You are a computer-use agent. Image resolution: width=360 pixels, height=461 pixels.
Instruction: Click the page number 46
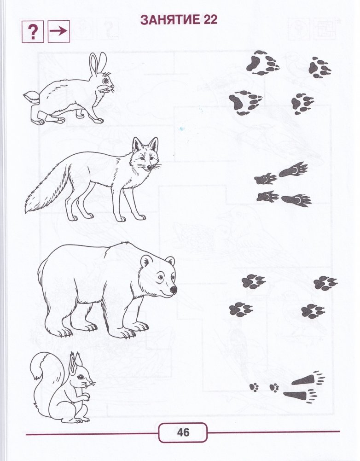(183, 432)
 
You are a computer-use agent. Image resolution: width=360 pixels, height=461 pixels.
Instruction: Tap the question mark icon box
(33, 31)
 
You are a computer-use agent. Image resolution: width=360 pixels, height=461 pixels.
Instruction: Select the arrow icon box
(59, 31)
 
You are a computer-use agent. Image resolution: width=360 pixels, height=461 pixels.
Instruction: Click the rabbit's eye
(105, 80)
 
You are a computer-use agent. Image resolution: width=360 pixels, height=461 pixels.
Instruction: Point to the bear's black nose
(174, 290)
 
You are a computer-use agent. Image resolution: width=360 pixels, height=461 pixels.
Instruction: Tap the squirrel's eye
(80, 377)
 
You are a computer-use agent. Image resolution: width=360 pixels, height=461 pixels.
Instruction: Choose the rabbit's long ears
(98, 64)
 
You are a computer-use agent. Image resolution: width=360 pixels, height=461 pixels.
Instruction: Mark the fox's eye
(142, 159)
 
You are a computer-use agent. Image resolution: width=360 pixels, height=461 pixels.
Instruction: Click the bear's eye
(160, 277)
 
